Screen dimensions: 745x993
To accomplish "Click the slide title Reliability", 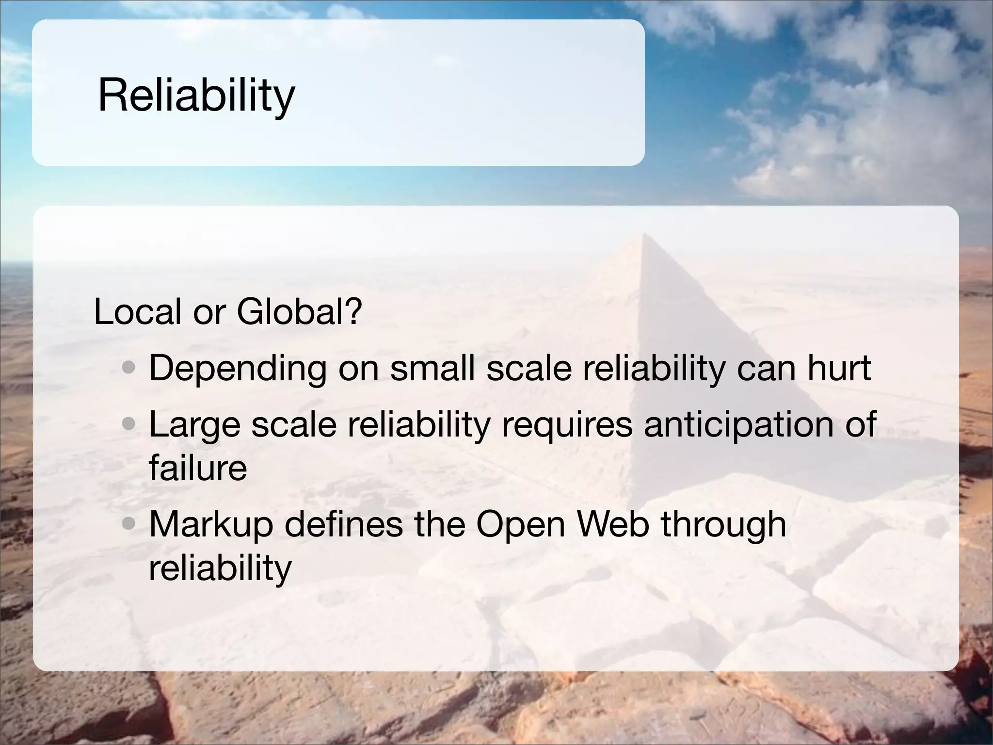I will coord(196,96).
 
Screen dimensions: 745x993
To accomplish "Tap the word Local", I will coord(138,311).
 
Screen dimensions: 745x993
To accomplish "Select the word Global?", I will coord(299,311).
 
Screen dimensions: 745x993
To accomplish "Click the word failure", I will coord(198,468).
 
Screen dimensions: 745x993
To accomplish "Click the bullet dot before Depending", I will coord(128,369).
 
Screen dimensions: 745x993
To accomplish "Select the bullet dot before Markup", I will coord(128,524).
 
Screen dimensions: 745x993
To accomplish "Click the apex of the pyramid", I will coord(643,234).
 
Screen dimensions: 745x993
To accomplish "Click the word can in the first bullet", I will coord(766,369).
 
